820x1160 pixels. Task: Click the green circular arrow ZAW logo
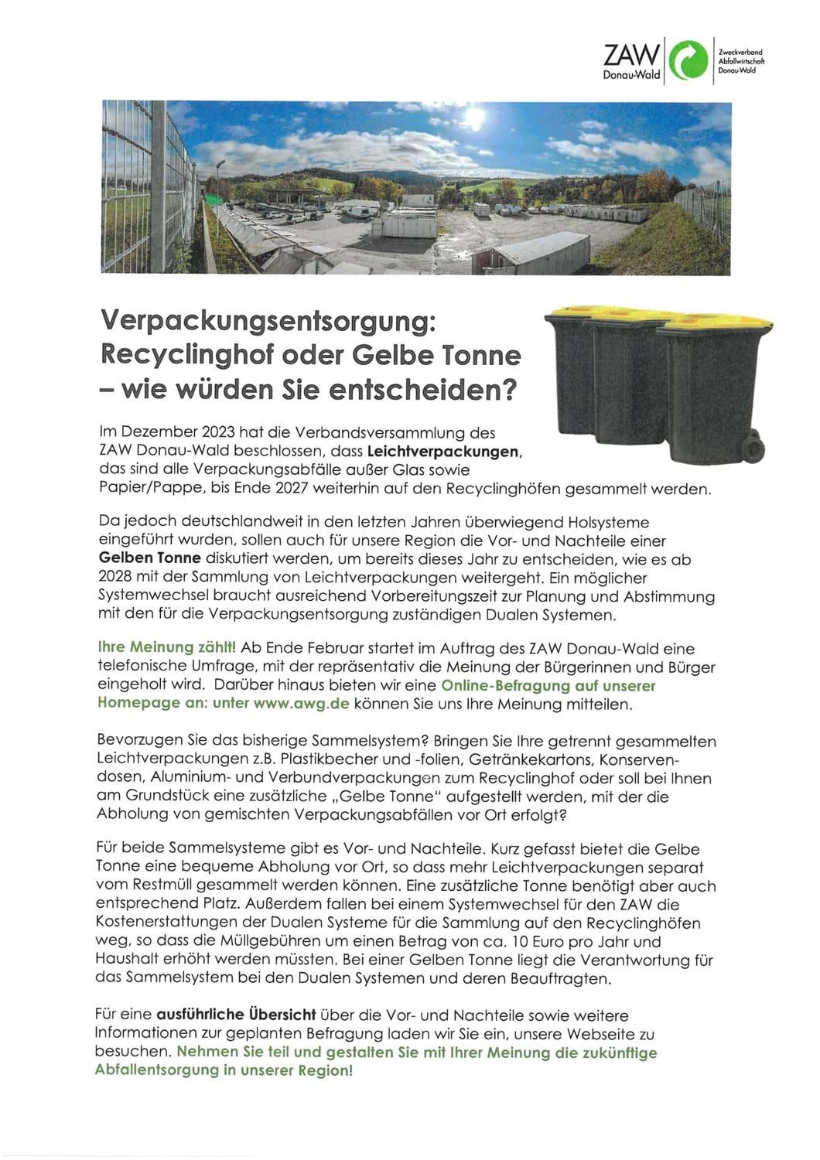687,60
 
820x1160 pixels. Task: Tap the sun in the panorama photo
473,118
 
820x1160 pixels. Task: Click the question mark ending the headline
507,390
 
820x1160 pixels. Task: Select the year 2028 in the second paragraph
114,578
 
